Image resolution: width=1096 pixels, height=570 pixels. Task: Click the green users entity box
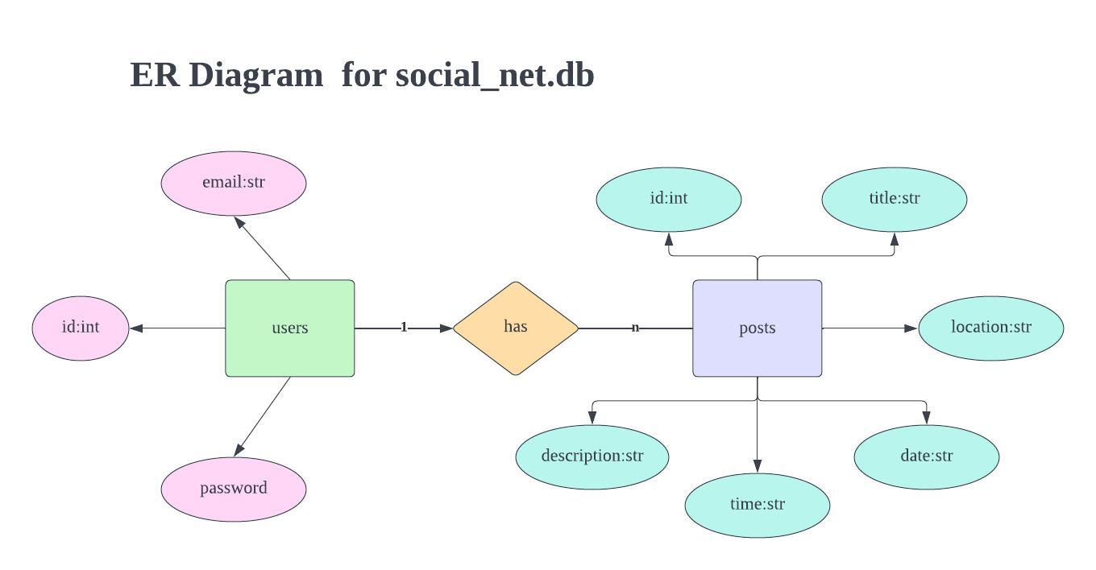(289, 328)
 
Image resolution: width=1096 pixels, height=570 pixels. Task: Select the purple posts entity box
(757, 328)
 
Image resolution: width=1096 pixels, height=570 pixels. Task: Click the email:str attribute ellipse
(234, 183)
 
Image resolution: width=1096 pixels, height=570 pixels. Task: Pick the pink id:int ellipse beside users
(81, 328)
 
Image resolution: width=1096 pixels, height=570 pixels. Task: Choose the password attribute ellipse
(234, 489)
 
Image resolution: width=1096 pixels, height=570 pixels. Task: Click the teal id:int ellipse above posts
(668, 199)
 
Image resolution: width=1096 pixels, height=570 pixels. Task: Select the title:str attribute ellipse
(894, 199)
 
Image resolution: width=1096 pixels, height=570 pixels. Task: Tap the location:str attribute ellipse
(990, 328)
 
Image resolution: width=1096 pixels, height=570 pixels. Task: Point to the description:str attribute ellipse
(592, 456)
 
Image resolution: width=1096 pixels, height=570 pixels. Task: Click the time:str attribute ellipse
(757, 505)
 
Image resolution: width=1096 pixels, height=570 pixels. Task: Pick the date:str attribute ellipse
(926, 456)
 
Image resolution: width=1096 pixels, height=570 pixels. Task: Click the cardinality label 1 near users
(404, 328)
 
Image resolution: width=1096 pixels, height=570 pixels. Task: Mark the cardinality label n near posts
(635, 328)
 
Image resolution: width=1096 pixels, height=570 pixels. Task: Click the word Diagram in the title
(255, 75)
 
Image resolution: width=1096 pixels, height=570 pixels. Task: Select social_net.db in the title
(495, 75)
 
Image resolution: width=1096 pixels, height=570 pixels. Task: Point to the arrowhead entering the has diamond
(446, 328)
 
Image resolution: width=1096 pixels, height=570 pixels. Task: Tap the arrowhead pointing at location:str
(911, 328)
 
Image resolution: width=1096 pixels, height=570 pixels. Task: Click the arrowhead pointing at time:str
(758, 466)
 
